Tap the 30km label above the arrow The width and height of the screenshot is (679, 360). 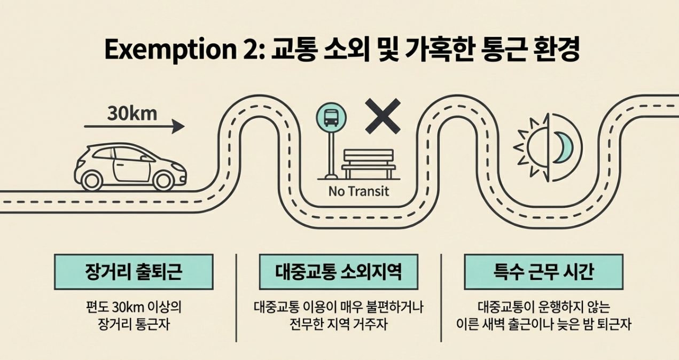click(x=132, y=113)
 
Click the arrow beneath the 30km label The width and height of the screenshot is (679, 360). click(x=134, y=127)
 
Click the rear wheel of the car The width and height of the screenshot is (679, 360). click(x=92, y=180)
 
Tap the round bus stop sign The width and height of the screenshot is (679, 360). click(x=331, y=117)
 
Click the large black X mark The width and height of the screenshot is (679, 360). click(x=383, y=116)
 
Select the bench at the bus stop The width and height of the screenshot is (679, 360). click(x=368, y=163)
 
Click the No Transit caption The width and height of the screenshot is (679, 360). click(x=359, y=191)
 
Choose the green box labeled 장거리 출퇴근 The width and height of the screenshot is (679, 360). click(x=134, y=272)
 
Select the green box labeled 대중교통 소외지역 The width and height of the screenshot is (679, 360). click(x=338, y=272)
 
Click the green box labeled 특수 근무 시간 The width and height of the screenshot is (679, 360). click(x=543, y=272)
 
